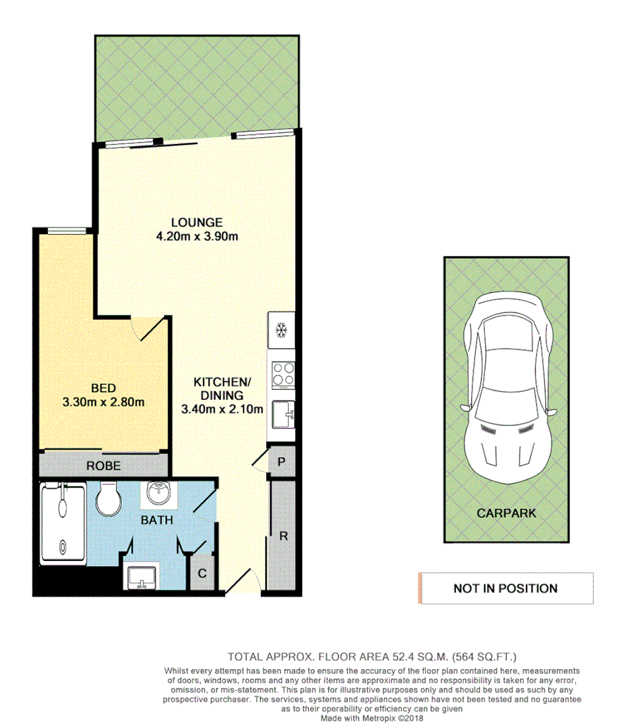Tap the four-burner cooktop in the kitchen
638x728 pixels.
coord(283,375)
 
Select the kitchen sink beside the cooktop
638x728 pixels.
coord(283,415)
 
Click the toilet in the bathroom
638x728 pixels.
coord(108,499)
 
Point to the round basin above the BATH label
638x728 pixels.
coord(159,493)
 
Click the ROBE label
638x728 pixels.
coord(103,466)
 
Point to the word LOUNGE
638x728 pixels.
coord(197,222)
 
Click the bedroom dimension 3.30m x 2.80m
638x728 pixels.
coord(103,402)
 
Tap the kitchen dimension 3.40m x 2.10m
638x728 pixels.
coord(222,409)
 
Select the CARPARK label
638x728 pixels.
coord(506,513)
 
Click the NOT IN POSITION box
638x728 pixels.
coord(506,588)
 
